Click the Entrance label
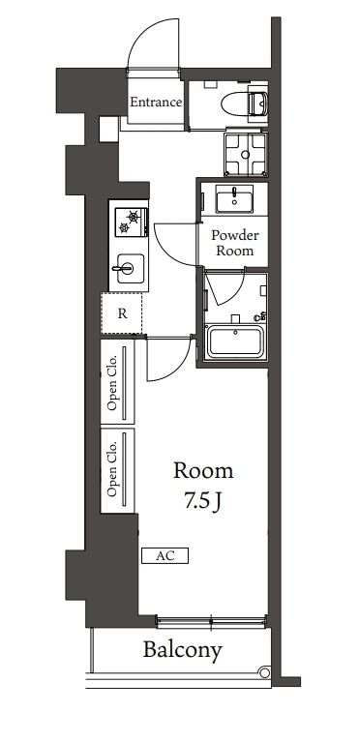(x=156, y=101)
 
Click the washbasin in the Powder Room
(x=233, y=200)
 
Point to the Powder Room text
(x=233, y=242)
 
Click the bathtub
(x=237, y=343)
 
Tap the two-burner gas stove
(x=129, y=222)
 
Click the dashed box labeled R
(x=123, y=312)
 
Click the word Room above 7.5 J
(x=203, y=471)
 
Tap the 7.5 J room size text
(x=203, y=503)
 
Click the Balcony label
(x=184, y=650)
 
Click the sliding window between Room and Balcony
(x=211, y=620)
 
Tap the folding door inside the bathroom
(x=225, y=290)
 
